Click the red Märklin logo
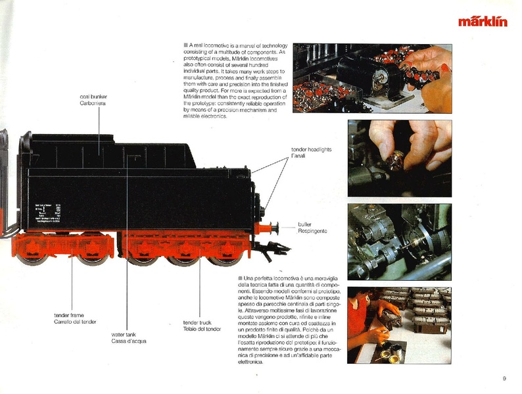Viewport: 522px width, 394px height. coord(483,21)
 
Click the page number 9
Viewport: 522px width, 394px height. coord(503,378)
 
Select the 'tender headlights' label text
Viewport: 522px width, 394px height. coord(311,150)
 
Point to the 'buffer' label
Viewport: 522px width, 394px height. coord(305,224)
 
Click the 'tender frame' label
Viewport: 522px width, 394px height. coord(69,316)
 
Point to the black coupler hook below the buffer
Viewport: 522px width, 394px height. coord(277,248)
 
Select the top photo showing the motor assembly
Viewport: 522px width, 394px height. coord(372,78)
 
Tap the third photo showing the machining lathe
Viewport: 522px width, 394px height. coord(399,241)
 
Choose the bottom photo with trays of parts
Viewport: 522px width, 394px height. coord(399,324)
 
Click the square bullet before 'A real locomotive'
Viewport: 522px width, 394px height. coord(186,45)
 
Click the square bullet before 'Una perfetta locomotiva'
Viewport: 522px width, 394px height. coord(240,278)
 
